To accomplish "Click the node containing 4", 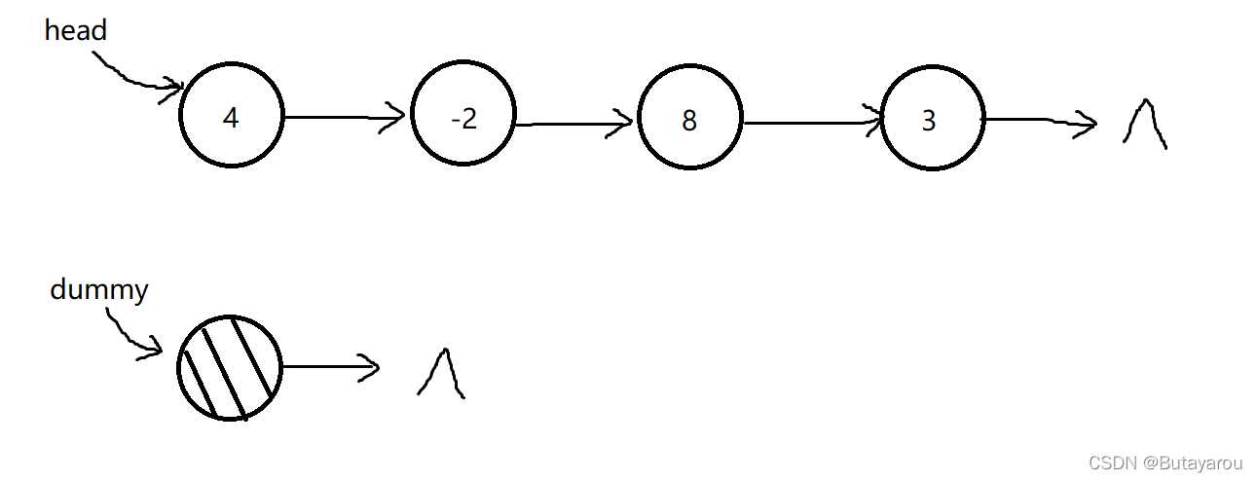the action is [231, 117].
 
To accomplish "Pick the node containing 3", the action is [932, 120].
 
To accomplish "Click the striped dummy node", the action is [230, 368].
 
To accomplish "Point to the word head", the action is [75, 31].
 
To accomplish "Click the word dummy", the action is [98, 290].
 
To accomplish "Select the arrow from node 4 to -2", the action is [346, 118].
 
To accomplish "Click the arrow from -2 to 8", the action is [574, 124].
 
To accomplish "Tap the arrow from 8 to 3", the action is [813, 123].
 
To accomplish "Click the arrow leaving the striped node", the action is [329, 367].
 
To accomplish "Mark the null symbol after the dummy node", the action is [440, 374].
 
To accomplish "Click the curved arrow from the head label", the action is [136, 72].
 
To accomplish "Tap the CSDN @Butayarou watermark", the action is [1165, 463].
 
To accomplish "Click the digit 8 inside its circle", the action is [689, 121].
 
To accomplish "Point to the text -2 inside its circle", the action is [463, 118].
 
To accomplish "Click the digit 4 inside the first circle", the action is [230, 118].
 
